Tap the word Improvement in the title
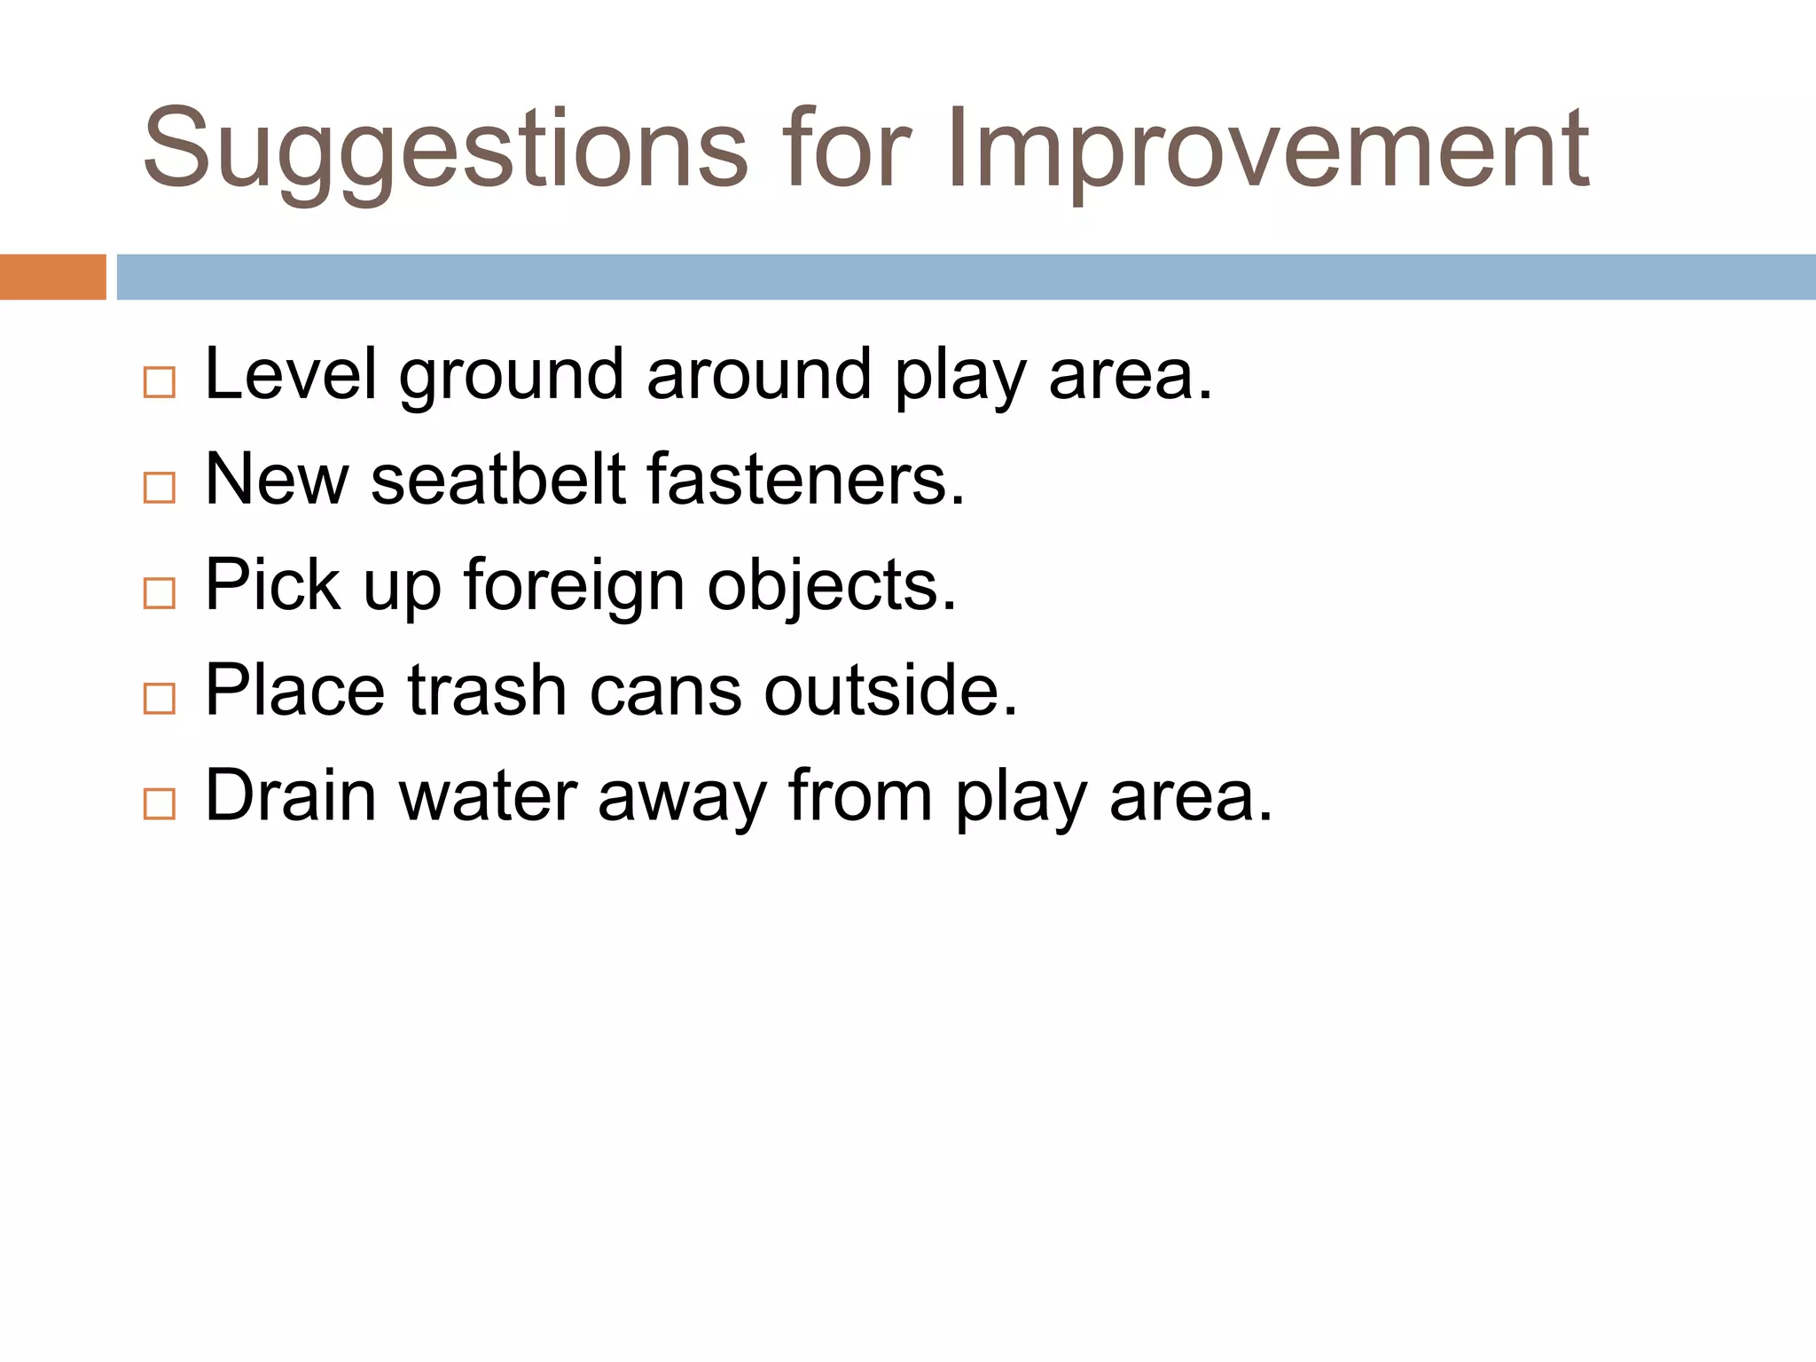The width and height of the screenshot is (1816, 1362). coord(1267,151)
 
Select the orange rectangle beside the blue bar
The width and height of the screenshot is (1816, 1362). coord(52,277)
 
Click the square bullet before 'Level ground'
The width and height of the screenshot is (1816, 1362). coord(160,382)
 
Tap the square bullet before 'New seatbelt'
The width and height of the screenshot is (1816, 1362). coord(160,488)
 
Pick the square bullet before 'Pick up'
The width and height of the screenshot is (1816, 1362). coord(160,593)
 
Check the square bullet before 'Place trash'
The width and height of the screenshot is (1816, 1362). coord(160,699)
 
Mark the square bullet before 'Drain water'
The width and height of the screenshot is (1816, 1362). coord(160,803)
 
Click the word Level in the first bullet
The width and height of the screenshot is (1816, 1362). coord(291,374)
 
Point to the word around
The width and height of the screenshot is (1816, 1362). coord(759,374)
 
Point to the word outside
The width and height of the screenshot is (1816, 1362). coord(890,691)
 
